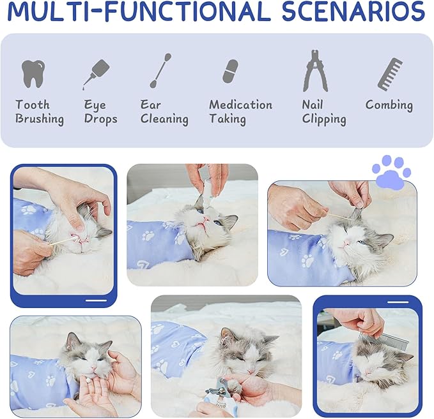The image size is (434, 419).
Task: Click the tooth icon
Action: (33, 73)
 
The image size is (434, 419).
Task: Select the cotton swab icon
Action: (160, 71)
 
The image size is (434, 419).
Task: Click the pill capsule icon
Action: (230, 71)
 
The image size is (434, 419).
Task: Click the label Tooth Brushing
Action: (40, 112)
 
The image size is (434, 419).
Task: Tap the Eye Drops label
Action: (100, 112)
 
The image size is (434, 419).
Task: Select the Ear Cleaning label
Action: (164, 112)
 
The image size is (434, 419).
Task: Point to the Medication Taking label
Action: (240, 112)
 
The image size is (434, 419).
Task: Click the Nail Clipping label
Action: (324, 112)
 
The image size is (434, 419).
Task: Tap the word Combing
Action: (389, 105)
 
